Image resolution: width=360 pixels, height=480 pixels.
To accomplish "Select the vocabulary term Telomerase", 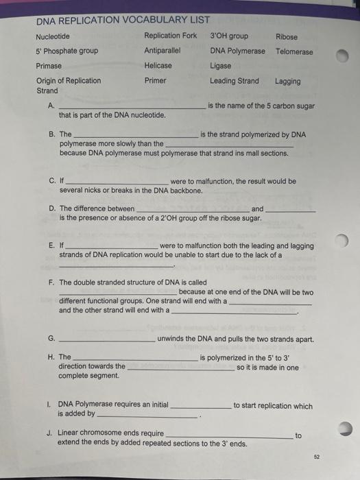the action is [x=294, y=51].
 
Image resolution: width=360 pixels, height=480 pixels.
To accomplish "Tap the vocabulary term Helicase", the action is [x=158, y=66].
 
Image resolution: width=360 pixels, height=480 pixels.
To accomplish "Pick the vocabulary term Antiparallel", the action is [x=163, y=51].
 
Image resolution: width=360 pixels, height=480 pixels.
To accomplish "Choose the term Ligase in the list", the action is [x=221, y=66].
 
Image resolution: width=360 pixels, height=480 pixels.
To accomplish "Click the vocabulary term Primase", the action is [x=49, y=66].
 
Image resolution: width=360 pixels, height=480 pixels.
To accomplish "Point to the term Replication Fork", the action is [x=170, y=36].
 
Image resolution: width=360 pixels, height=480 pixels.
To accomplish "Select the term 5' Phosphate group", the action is [x=67, y=51].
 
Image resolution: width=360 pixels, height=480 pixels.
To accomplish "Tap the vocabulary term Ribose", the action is [x=287, y=36].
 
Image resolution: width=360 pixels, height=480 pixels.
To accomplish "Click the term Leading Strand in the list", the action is [x=235, y=81].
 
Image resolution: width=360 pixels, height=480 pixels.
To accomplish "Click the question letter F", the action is [x=51, y=283].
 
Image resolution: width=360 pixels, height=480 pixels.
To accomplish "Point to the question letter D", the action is [x=52, y=208].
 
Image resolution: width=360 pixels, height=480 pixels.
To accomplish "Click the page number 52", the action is [x=316, y=455].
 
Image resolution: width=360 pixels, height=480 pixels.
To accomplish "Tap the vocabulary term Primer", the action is [x=156, y=81].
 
